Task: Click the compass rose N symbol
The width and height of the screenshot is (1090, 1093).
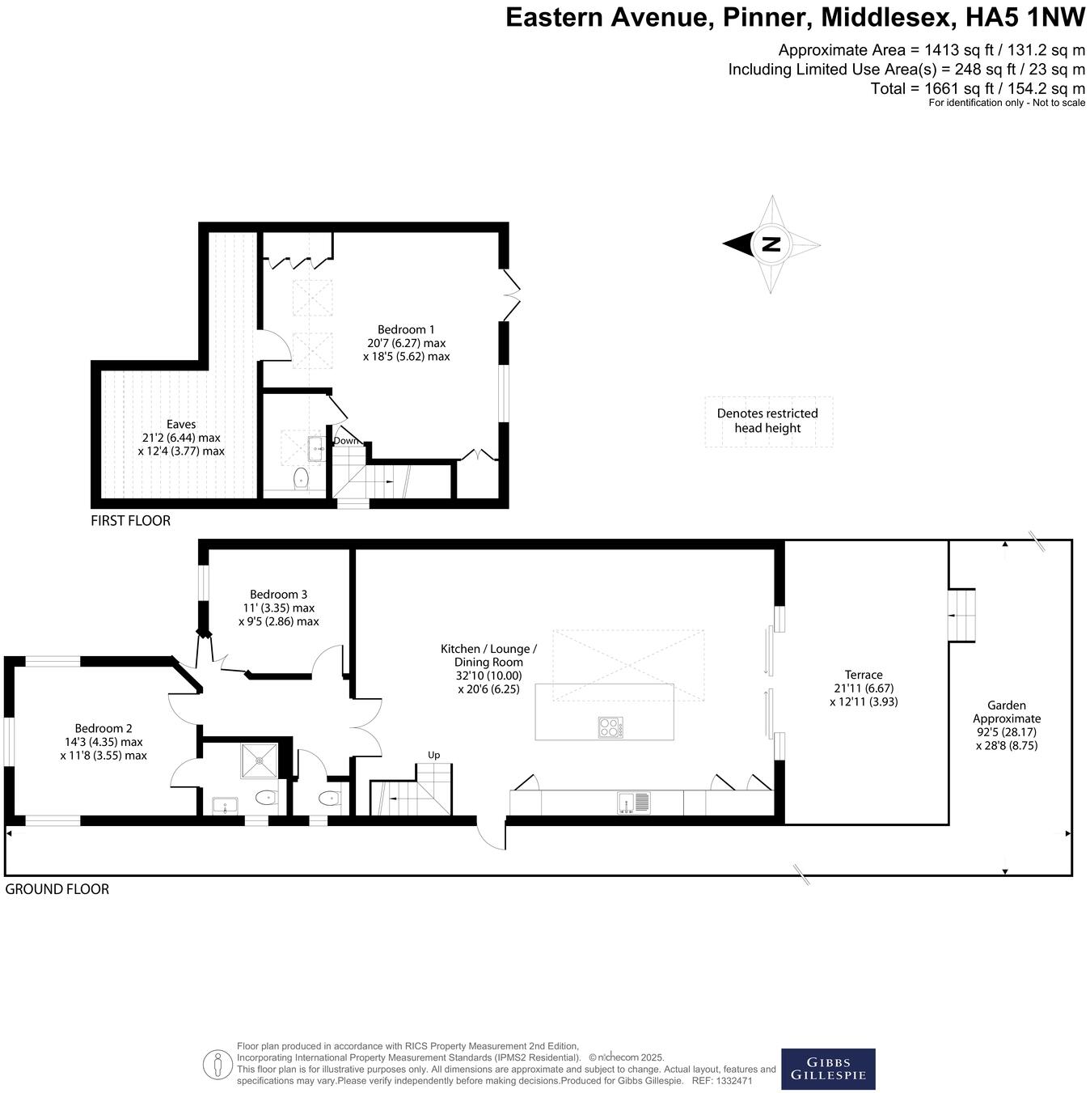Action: point(771,244)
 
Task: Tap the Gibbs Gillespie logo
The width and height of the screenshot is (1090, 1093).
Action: point(827,1069)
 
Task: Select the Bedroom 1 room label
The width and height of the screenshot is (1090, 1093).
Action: point(406,342)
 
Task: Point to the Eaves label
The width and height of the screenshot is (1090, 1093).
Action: point(181,437)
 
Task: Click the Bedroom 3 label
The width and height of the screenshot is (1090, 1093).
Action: point(278,608)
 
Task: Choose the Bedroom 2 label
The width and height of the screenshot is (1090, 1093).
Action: point(104,741)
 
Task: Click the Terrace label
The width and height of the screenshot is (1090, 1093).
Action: point(864,688)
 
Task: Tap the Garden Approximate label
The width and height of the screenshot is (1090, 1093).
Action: point(1006,725)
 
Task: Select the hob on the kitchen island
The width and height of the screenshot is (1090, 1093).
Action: point(610,727)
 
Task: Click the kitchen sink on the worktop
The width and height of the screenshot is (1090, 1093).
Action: point(634,802)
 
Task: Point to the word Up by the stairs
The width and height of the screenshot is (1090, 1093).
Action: point(433,755)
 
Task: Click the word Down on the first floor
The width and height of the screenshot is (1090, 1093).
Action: point(346,441)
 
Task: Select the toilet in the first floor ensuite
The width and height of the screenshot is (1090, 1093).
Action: point(302,479)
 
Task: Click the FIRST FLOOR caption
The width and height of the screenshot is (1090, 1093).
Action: point(131,521)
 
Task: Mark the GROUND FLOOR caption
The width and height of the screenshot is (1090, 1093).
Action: point(57,889)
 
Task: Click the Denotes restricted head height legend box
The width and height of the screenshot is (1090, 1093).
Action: point(768,422)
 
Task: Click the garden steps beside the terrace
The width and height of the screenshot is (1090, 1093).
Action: point(961,616)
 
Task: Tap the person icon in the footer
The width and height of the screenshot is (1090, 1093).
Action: point(217,1064)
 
